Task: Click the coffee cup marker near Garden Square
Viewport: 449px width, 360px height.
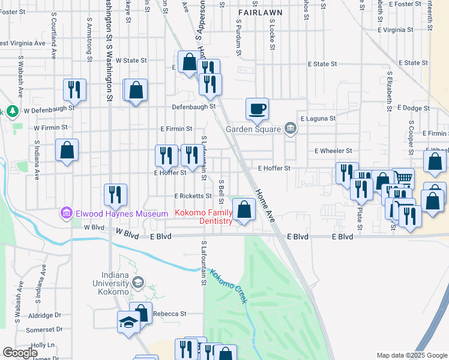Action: [257, 109]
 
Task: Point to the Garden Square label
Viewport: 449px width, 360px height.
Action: [253, 129]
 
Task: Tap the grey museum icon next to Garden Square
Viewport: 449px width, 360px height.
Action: [291, 128]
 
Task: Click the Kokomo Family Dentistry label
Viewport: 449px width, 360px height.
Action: [203, 217]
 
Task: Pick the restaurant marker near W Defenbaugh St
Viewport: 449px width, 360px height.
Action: [75, 89]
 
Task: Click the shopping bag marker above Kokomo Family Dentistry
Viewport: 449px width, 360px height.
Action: [244, 209]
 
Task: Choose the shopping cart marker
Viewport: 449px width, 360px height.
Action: [404, 178]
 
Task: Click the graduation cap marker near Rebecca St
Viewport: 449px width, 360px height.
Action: [128, 322]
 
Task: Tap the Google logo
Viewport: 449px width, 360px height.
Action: [20, 353]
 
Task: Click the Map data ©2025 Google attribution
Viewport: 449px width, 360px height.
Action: [411, 355]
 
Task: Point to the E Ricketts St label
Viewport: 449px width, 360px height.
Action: [193, 196]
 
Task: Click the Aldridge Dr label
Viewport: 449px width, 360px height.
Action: [45, 315]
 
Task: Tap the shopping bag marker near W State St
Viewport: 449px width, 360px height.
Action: [189, 62]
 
